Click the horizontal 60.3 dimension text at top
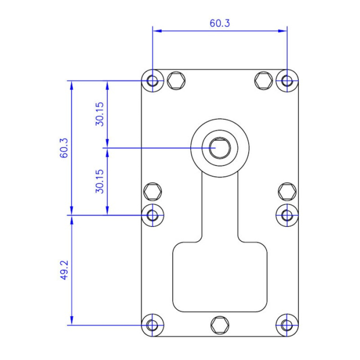pos(220,23)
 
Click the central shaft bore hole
pos(220,148)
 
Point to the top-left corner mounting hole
pos(153,81)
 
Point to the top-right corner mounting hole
pos(287,81)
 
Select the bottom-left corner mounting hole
pos(153,325)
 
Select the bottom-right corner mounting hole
pos(287,325)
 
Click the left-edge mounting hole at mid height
pos(153,215)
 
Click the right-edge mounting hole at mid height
pos(287,215)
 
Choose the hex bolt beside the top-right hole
pos(264,81)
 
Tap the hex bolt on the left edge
pos(153,192)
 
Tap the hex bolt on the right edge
pos(287,192)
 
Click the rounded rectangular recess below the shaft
pos(220,278)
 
